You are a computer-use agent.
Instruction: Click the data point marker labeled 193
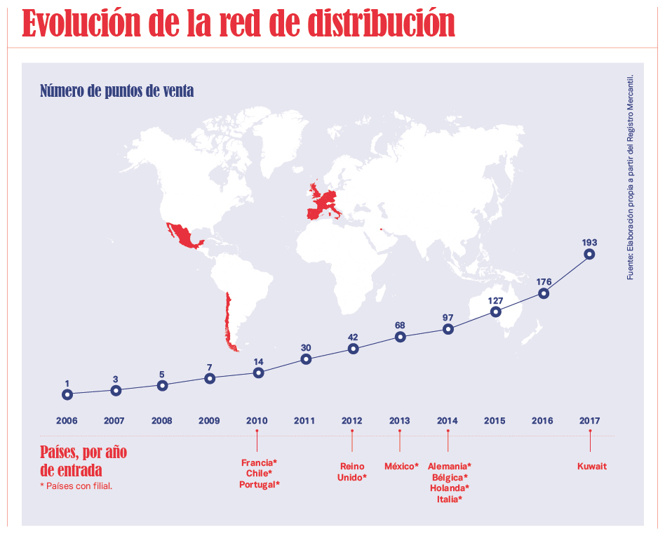[x=589, y=254]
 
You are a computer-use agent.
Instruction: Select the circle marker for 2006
[x=67, y=394]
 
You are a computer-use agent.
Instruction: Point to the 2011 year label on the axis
[x=304, y=421]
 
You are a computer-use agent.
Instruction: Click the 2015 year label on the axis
[x=495, y=421]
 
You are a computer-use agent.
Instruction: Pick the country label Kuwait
[x=592, y=466]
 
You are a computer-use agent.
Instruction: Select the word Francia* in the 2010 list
[x=260, y=462]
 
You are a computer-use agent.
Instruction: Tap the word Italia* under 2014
[x=449, y=499]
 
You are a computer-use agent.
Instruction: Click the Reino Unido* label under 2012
[x=352, y=471]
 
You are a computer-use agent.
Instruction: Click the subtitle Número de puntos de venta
[x=116, y=91]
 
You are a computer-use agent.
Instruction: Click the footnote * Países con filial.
[x=76, y=485]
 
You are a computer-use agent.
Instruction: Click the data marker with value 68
[x=400, y=337]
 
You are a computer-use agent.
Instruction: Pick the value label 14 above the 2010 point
[x=258, y=362]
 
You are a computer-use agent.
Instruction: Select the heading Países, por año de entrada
[x=83, y=460]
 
